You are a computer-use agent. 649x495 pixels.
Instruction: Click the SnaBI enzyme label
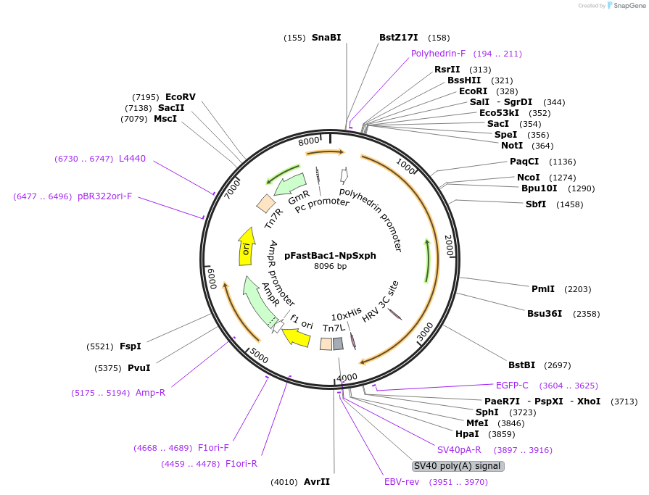point(326,37)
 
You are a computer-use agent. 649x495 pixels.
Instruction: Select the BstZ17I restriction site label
point(399,37)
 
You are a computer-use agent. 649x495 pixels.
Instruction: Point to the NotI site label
point(512,146)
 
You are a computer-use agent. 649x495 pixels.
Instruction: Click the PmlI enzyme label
point(543,288)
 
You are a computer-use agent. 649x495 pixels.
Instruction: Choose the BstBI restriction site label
point(521,365)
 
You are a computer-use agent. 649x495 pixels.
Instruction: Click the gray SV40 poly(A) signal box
point(457,465)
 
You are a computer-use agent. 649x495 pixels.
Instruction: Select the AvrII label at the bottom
point(317,482)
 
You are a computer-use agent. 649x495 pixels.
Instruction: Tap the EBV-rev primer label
point(402,482)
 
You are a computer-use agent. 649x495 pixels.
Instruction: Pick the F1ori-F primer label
point(213,448)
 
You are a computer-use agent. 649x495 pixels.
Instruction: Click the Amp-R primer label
point(150,393)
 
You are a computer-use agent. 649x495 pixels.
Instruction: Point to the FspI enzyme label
point(131,346)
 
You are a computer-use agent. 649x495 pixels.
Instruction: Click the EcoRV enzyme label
point(181,97)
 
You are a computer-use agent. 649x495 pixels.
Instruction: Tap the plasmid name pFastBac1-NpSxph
point(330,255)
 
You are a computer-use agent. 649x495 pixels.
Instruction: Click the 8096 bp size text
point(330,266)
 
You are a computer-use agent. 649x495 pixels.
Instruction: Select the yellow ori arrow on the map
point(247,247)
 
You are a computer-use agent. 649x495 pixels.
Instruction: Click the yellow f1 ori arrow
point(297,336)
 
